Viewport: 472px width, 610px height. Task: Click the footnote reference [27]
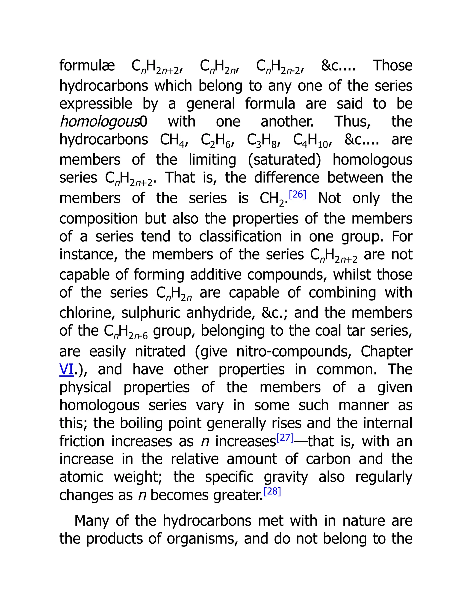pos(285,437)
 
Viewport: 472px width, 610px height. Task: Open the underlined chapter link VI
pos(66,369)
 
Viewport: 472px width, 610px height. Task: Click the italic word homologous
pos(100,122)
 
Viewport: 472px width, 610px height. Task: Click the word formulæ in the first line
pos(87,66)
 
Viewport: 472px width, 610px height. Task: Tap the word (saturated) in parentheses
pos(284,160)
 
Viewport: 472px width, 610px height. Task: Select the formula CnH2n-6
pos(126,331)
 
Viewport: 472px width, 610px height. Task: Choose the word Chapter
pos(386,351)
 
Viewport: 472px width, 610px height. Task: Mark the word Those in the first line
pos(392,66)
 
